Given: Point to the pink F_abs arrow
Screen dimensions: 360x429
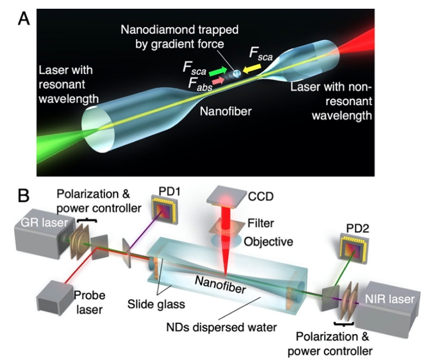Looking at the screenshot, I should coord(218,81).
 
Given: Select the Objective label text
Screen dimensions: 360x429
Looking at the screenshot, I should coord(268,241).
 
